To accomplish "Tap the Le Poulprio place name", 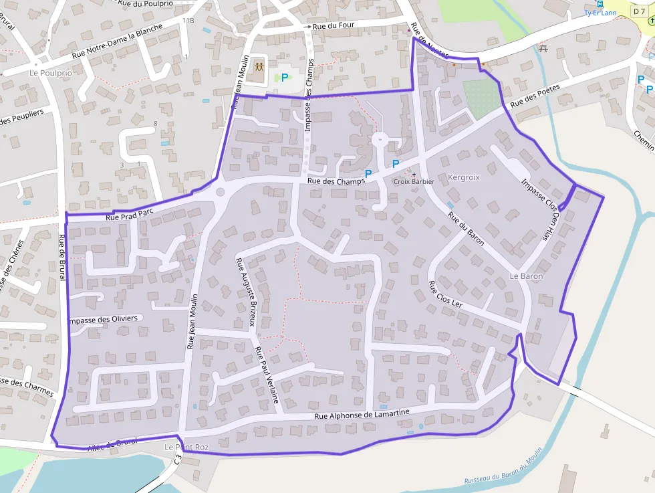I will tap(50, 73).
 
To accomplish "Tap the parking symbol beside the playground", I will tap(285, 78).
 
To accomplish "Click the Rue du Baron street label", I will tap(466, 227).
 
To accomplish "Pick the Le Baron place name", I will tap(527, 276).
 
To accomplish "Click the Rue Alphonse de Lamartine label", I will tap(361, 415).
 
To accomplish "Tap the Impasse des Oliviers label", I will tap(104, 319).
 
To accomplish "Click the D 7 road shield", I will tap(639, 9).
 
